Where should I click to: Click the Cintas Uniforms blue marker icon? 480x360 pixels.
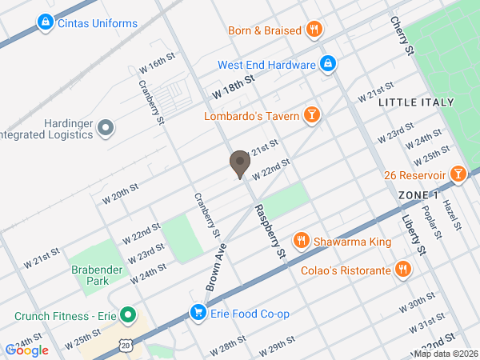click(46, 22)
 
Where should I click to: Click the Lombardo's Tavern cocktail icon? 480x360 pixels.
click(312, 116)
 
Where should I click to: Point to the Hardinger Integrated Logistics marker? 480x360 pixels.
click(106, 127)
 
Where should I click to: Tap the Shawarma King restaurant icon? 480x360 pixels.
click(301, 239)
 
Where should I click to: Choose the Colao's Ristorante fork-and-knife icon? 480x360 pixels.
click(403, 270)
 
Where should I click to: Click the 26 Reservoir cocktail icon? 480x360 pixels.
click(457, 173)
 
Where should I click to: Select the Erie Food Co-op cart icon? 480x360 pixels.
click(197, 312)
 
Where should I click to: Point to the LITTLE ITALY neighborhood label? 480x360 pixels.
click(415, 102)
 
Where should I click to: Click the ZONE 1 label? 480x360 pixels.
click(418, 195)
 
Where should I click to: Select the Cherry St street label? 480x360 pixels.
click(402, 35)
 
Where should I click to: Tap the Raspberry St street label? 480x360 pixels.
click(270, 231)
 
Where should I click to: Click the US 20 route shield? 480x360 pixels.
click(126, 345)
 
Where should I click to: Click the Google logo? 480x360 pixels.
click(27, 350)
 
